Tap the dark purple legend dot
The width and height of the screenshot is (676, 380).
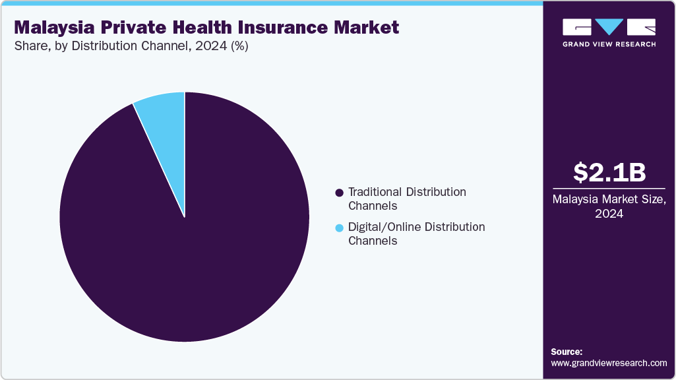[x=339, y=193]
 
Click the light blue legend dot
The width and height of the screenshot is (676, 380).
[x=339, y=228]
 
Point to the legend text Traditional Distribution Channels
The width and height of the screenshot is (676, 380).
[x=407, y=199]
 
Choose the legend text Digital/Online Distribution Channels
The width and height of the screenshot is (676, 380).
[x=416, y=234]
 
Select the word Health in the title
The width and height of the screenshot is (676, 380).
[x=202, y=27]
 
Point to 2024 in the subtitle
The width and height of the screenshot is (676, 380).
[x=211, y=46]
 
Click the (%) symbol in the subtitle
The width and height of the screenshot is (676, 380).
[x=239, y=46]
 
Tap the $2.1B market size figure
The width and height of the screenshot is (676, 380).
[x=609, y=172]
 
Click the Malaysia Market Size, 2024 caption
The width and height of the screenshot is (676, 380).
[x=609, y=206]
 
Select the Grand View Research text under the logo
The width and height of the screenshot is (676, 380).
[x=609, y=44]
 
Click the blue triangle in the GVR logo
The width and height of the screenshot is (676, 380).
[x=609, y=26]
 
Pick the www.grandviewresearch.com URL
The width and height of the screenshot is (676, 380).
[x=609, y=364]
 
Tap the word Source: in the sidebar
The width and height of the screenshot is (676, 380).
[x=567, y=352]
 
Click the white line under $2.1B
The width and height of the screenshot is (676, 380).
[x=609, y=189]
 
